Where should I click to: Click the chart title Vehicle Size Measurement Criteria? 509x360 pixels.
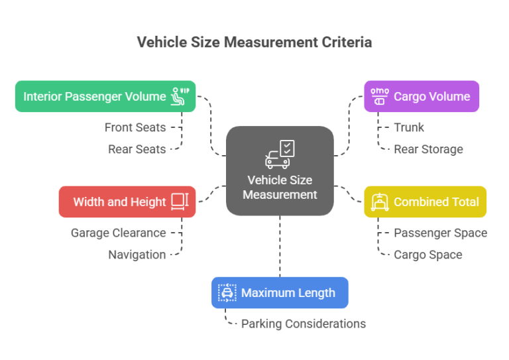pyautogui.click(x=254, y=42)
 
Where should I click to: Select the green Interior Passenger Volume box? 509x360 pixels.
pyautogui.click(x=105, y=97)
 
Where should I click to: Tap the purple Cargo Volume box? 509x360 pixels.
pyautogui.click(x=422, y=97)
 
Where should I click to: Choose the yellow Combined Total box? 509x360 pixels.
pyautogui.click(x=425, y=202)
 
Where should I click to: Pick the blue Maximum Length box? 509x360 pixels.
pyautogui.click(x=280, y=292)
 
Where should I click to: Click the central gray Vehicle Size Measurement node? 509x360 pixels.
pyautogui.click(x=280, y=171)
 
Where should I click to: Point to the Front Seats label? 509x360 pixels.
pyautogui.click(x=135, y=127)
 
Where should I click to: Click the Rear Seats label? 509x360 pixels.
pyautogui.click(x=137, y=149)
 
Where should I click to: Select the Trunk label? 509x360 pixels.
pyautogui.click(x=409, y=127)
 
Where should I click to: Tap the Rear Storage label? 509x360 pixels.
pyautogui.click(x=428, y=149)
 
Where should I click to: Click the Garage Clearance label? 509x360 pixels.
pyautogui.click(x=118, y=233)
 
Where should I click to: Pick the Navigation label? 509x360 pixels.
pyautogui.click(x=137, y=255)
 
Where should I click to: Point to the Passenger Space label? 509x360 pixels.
pyautogui.click(x=440, y=233)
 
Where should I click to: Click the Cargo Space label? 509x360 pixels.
pyautogui.click(x=427, y=255)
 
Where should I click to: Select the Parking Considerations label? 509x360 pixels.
pyautogui.click(x=303, y=324)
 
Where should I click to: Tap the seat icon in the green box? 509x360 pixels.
pyautogui.click(x=180, y=96)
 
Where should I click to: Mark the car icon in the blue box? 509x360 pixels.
pyautogui.click(x=227, y=292)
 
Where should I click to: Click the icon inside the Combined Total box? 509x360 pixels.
pyautogui.click(x=380, y=202)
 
